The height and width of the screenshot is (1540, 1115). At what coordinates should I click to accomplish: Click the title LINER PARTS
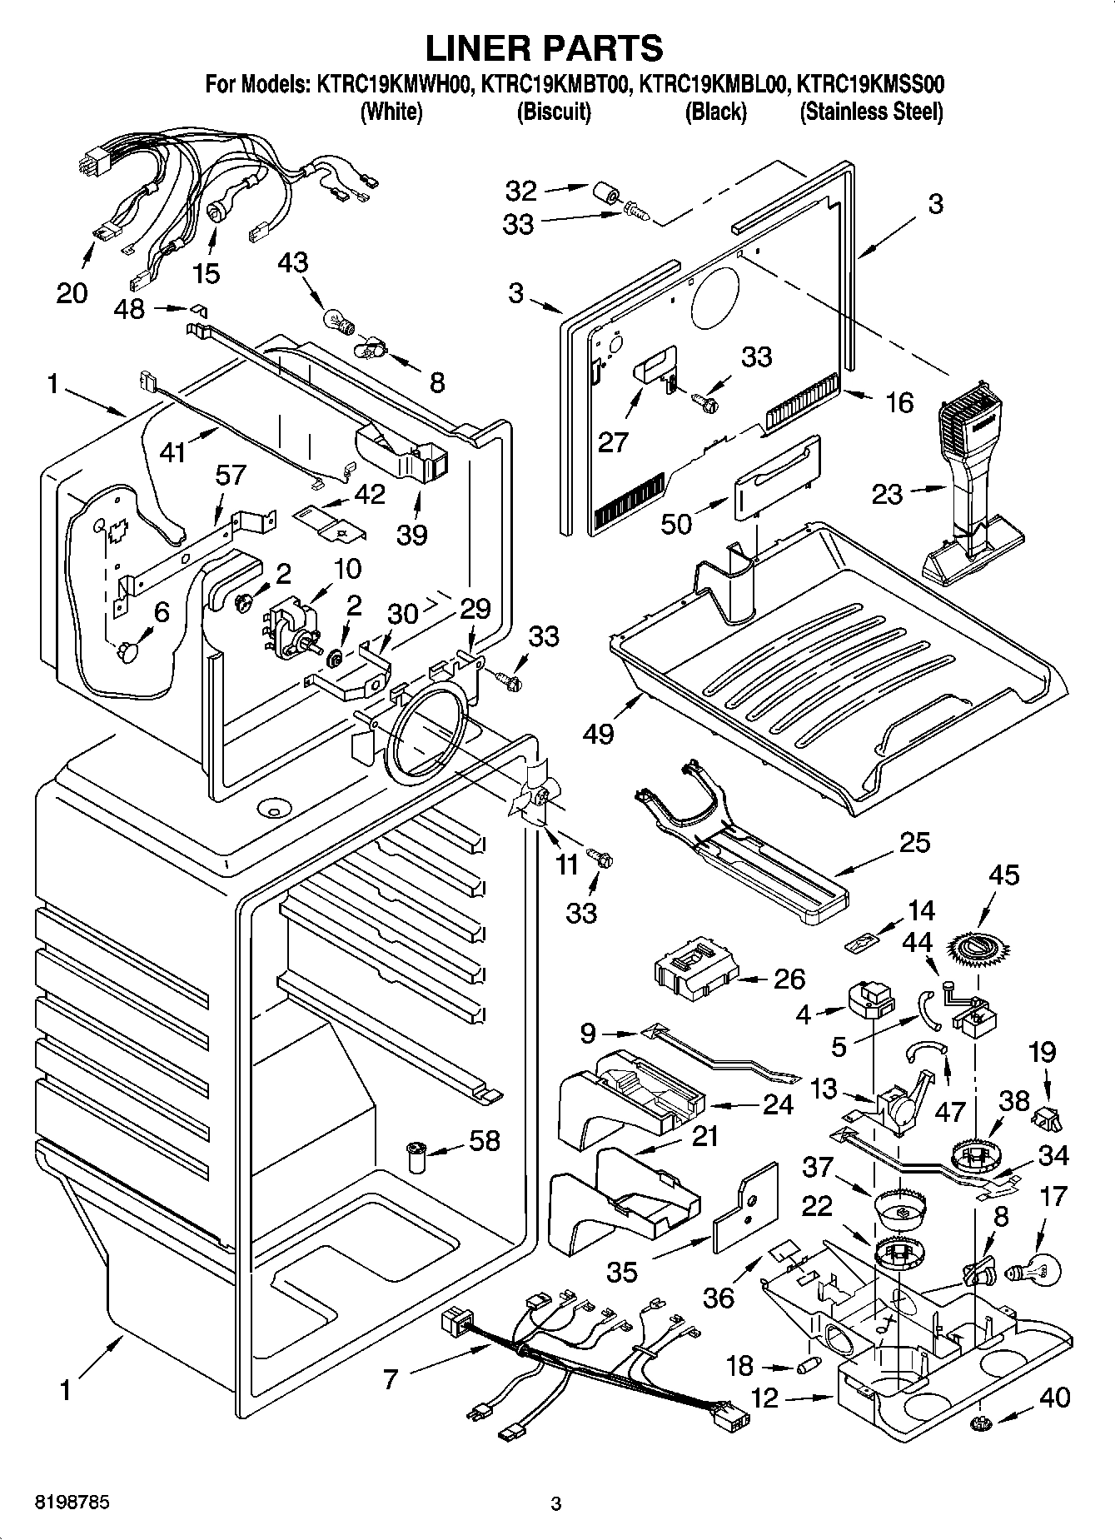click(544, 47)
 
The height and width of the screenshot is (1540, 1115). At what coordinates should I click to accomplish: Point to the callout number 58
click(484, 1140)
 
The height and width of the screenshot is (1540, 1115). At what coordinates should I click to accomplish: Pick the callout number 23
click(887, 494)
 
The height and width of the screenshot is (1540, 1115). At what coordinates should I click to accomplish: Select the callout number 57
click(231, 476)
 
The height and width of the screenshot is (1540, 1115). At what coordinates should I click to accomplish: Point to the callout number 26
click(789, 979)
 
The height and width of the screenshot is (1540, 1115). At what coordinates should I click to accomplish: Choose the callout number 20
click(72, 292)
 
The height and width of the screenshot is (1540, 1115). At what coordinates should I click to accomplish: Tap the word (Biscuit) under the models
click(554, 112)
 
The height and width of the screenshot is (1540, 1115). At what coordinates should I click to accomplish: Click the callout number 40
click(1054, 1397)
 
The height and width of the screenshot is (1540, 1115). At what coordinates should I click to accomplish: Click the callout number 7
click(392, 1378)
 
